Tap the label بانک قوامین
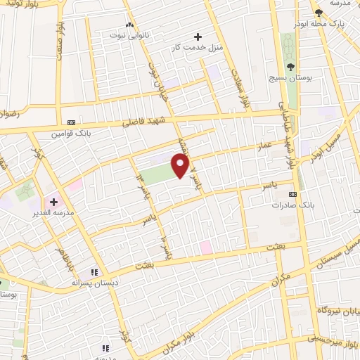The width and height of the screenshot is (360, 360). tap(71, 132)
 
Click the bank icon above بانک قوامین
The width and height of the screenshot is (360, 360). tap(71, 122)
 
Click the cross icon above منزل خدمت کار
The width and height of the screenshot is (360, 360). tap(198, 37)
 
